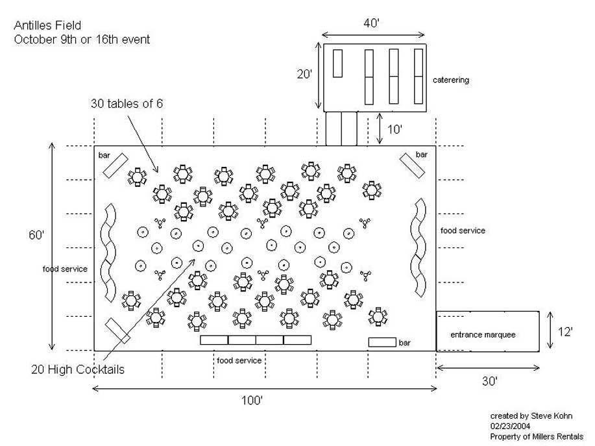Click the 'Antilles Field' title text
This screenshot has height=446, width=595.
pyautogui.click(x=47, y=26)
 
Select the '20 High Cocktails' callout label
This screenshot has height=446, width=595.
pyautogui.click(x=78, y=369)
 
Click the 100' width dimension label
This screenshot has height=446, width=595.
pyautogui.click(x=252, y=401)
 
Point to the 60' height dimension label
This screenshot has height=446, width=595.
pyautogui.click(x=35, y=234)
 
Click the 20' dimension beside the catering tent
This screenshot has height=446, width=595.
pyautogui.click(x=305, y=75)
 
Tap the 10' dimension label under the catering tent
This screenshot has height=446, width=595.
pyautogui.click(x=395, y=129)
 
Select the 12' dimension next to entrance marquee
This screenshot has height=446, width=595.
pyautogui.click(x=565, y=332)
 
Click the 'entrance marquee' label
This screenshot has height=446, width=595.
pyautogui.click(x=483, y=334)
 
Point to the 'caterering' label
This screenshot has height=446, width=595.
pyautogui.click(x=451, y=81)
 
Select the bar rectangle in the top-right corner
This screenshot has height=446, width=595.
pyautogui.click(x=413, y=166)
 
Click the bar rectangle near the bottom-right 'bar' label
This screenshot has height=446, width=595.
pyautogui.click(x=382, y=342)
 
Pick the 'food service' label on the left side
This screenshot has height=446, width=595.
pyautogui.click(x=65, y=269)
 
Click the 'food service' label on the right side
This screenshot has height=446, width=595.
pyautogui.click(x=463, y=230)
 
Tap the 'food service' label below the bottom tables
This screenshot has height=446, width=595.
pyautogui.click(x=239, y=360)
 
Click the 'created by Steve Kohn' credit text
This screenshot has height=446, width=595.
pyautogui.click(x=531, y=415)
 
